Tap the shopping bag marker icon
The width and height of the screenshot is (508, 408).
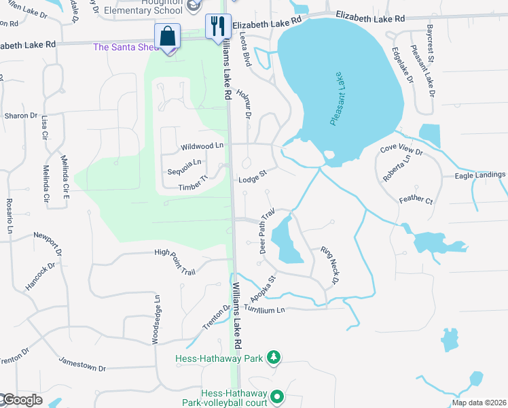[x=168, y=35]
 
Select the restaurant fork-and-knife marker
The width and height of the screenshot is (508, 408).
[x=219, y=27]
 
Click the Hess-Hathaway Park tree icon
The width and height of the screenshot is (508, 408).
[x=273, y=357]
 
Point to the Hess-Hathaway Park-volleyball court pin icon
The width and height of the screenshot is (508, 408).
[x=277, y=396]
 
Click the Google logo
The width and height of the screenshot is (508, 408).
[x=22, y=400]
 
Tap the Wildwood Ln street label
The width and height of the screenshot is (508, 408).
[x=202, y=146]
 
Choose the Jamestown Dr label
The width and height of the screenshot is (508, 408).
[x=82, y=364]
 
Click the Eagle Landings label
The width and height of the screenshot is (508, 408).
[x=480, y=175]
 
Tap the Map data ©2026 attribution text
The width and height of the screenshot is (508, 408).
[x=479, y=403]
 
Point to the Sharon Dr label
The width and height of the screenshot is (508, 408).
[x=21, y=116]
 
